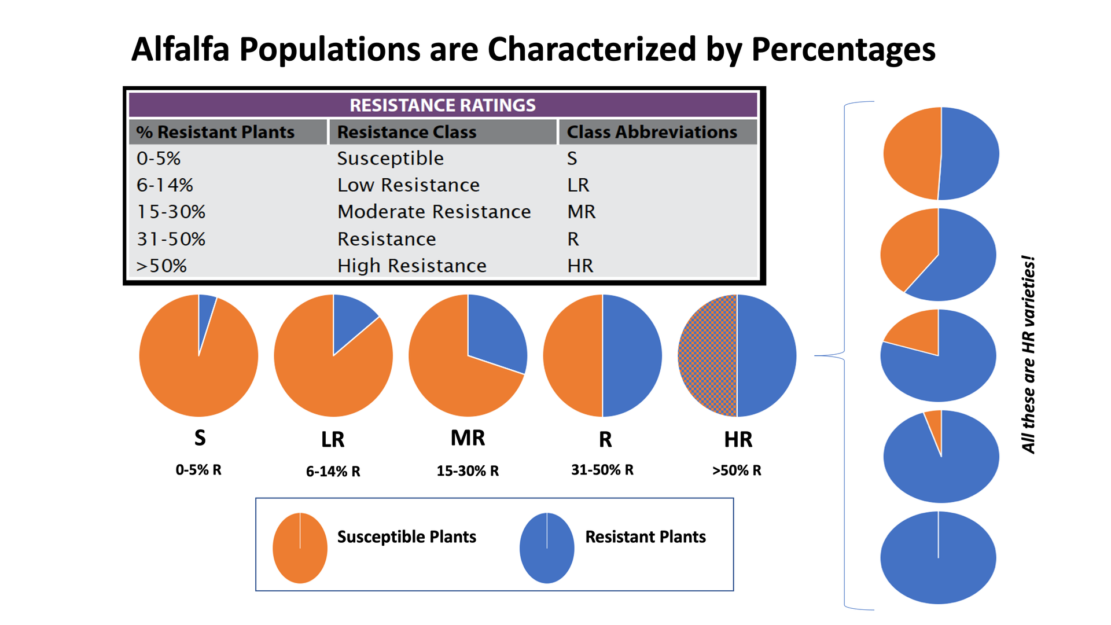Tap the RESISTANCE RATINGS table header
[x=443, y=105]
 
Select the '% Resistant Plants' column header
[x=215, y=132]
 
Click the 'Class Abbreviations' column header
[x=652, y=132]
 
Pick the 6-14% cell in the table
[x=164, y=185]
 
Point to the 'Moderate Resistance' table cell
[x=434, y=212]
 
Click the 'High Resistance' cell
[x=412, y=266]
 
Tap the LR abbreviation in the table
[x=578, y=185]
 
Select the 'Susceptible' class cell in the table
[x=391, y=159]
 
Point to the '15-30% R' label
[x=468, y=470]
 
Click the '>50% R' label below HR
[x=737, y=470]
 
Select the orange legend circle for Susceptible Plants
[x=300, y=547]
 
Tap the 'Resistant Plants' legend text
[x=645, y=537]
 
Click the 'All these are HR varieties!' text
[x=1028, y=354]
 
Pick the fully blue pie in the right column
[x=938, y=558]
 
